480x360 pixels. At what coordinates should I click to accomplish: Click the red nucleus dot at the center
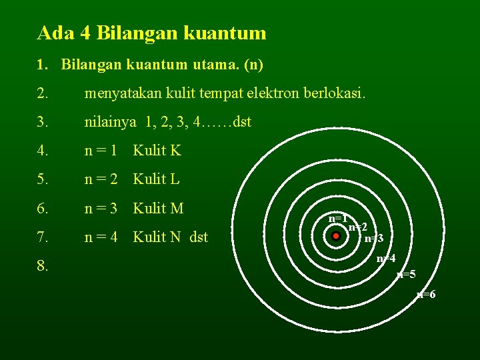pyautogui.click(x=336, y=235)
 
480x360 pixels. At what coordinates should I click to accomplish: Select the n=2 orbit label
pyautogui.click(x=358, y=227)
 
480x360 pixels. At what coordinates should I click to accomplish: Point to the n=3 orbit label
pyautogui.click(x=373, y=239)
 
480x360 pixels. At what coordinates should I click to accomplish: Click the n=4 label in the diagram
pyautogui.click(x=386, y=259)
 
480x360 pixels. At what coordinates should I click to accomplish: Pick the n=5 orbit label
pyautogui.click(x=406, y=275)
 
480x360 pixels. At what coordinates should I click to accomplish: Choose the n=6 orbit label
pyautogui.click(x=426, y=295)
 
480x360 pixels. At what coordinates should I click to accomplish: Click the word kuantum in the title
pyautogui.click(x=229, y=33)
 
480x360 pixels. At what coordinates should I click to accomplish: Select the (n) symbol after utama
pyautogui.click(x=253, y=65)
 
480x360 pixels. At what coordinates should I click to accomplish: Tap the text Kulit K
pyautogui.click(x=157, y=151)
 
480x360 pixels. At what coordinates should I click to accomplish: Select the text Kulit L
pyautogui.click(x=157, y=179)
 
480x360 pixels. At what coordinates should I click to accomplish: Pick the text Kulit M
pyautogui.click(x=159, y=208)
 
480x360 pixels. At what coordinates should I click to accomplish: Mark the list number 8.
pyautogui.click(x=43, y=267)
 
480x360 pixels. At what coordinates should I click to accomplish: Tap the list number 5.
pyautogui.click(x=43, y=179)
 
